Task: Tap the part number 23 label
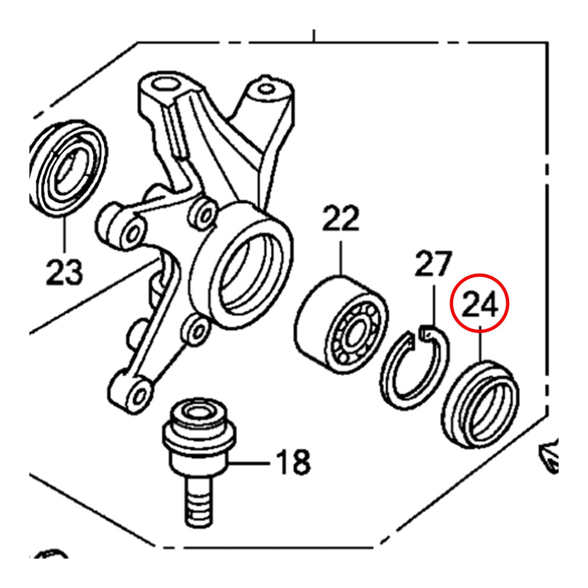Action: (64, 272)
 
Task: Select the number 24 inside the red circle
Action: (480, 304)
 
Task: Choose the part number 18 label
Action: (293, 462)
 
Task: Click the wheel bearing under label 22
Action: (342, 325)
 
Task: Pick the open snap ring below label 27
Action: (413, 371)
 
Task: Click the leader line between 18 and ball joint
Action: (250, 463)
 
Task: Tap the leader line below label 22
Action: (341, 257)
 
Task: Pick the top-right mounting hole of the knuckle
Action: (265, 89)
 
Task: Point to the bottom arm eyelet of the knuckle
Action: (140, 395)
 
